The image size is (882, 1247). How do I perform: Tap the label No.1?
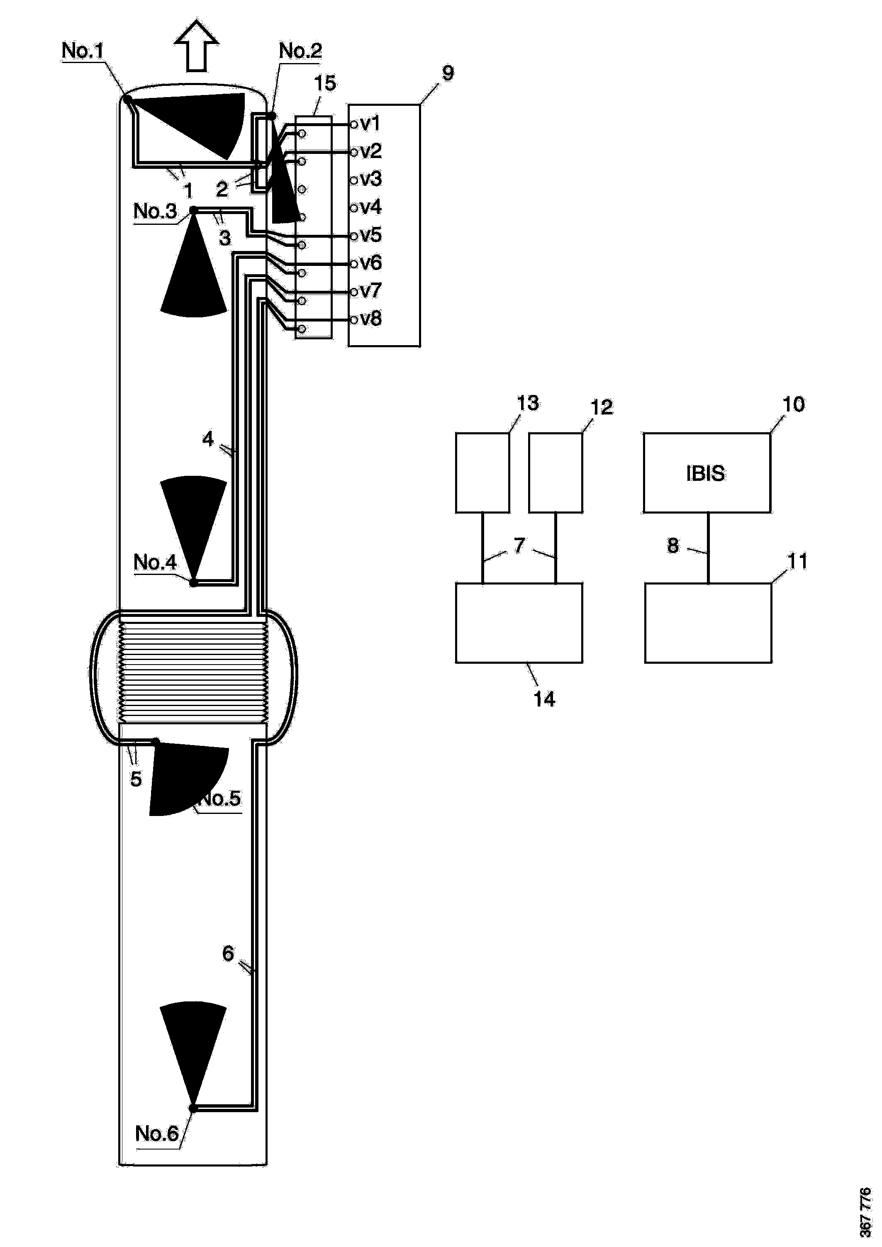pyautogui.click(x=82, y=51)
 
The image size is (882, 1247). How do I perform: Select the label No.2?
pyautogui.click(x=300, y=51)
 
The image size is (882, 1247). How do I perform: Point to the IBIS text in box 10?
pyautogui.click(x=705, y=473)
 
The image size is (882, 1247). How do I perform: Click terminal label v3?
pyautogui.click(x=371, y=179)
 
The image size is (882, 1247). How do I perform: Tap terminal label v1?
pyautogui.click(x=370, y=123)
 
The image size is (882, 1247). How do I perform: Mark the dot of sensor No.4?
pyautogui.click(x=193, y=583)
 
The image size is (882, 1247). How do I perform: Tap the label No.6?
pyautogui.click(x=156, y=1133)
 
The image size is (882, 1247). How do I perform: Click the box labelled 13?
pyautogui.click(x=482, y=472)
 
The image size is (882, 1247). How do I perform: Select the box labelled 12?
pyautogui.click(x=555, y=472)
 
